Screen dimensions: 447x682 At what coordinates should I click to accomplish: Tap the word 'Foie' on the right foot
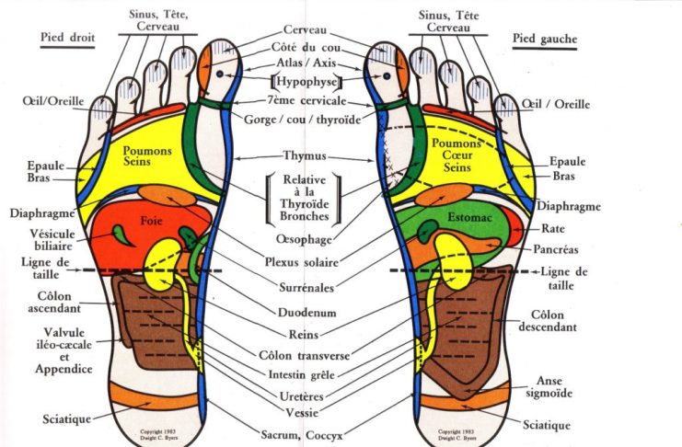pos(150,221)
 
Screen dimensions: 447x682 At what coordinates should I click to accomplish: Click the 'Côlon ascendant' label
pos(34,304)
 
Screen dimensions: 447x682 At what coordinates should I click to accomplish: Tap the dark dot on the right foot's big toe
pos(221,75)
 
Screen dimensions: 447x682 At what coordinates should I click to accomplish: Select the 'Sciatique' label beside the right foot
pos(66,418)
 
